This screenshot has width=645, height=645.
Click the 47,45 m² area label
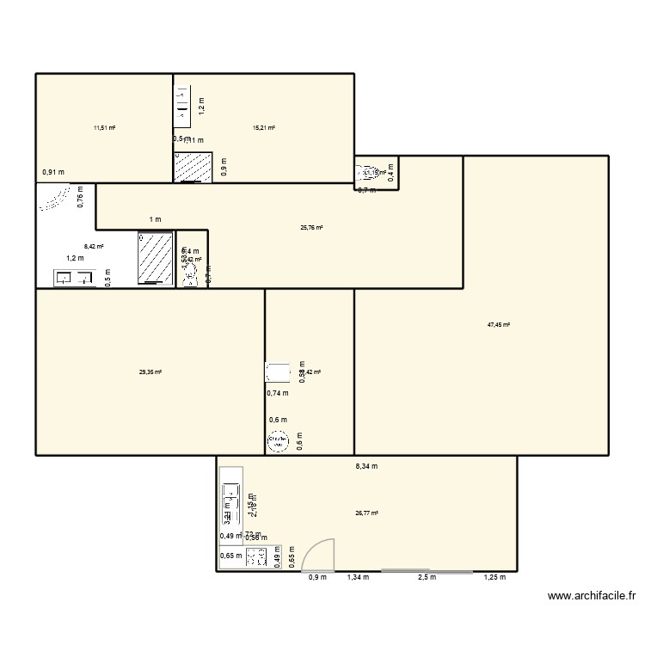point(499,325)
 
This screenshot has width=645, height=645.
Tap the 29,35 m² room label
point(150,372)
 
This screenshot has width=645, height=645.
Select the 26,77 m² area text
point(367,513)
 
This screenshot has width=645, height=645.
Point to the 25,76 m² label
point(311,228)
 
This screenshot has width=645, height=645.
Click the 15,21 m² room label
point(263,128)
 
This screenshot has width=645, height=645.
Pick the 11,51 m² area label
point(105,128)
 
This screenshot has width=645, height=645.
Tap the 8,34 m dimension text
point(367,466)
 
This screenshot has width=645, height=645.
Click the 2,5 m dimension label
point(427,577)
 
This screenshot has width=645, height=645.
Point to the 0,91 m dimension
point(53,171)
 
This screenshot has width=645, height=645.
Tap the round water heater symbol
point(277,443)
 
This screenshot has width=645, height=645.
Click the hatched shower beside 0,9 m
point(193,168)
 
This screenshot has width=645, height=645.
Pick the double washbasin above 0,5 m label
point(74,277)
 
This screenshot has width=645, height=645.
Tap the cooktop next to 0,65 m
point(256,558)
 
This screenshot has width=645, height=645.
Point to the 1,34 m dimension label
point(358,577)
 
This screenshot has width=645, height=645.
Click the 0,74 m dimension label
point(277,393)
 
